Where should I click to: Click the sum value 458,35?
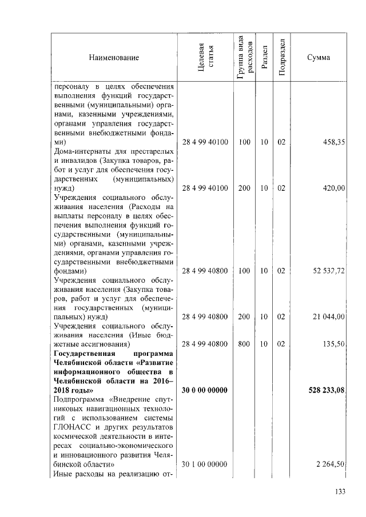point(333,142)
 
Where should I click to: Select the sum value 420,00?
point(333,187)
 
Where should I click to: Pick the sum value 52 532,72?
point(328,271)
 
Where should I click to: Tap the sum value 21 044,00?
point(328,316)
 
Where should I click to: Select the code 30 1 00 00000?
point(205,465)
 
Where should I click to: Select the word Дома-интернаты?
point(79,151)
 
